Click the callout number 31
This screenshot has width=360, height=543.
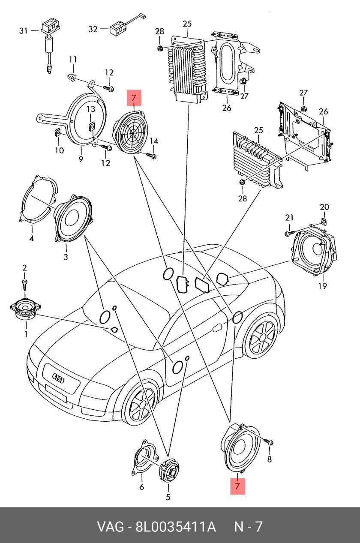tap(23, 30)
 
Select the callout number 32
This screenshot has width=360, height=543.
tap(93, 29)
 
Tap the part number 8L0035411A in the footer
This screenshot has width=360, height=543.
tap(175, 527)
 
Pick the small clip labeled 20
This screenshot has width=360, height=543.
tap(324, 222)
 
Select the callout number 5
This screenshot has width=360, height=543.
tap(168, 497)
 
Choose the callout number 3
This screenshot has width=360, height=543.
tap(66, 257)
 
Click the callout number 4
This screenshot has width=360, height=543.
tap(31, 239)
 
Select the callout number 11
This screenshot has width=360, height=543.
tap(73, 59)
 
